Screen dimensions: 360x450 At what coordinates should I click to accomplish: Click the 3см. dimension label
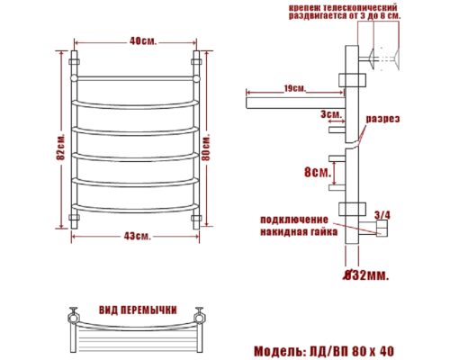[329, 114]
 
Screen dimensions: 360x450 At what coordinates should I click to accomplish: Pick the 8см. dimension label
[316, 172]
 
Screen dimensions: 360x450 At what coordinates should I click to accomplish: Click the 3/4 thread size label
[382, 214]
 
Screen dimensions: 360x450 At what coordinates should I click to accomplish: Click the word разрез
[382, 120]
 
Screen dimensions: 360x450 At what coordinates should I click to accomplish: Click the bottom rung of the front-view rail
[136, 209]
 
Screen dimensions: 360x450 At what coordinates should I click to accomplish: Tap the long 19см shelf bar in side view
[288, 101]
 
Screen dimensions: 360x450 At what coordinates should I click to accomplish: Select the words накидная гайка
[299, 231]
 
